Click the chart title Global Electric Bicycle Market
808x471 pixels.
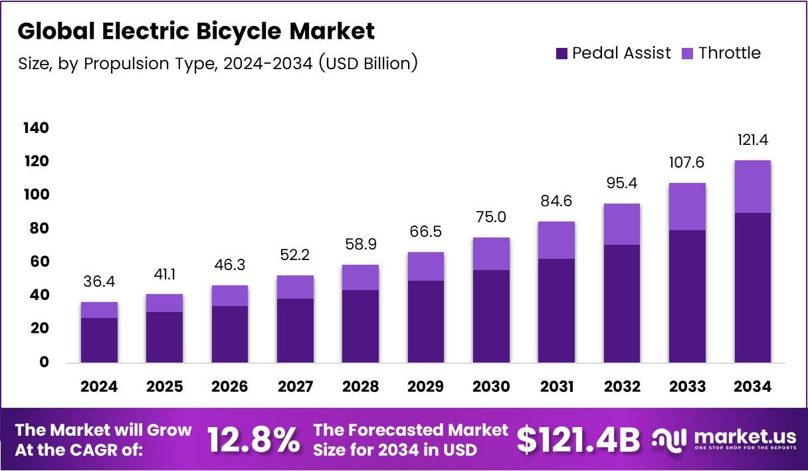[x=195, y=31]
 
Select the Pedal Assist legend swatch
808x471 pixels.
[x=561, y=53]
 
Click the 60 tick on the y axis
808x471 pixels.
[x=37, y=261]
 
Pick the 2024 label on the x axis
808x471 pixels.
[x=99, y=387]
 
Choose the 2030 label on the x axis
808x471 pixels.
[x=491, y=387]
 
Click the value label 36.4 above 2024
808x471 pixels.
[x=99, y=283]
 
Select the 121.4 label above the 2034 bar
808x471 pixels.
[x=753, y=140]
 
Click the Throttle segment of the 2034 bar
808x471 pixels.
[x=753, y=186]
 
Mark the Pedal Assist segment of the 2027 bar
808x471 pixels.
[x=295, y=330]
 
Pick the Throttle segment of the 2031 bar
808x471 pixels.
[x=556, y=239]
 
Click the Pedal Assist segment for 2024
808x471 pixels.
[x=99, y=340]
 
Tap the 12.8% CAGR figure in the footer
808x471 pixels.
[x=253, y=440]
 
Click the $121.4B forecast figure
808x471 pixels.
[x=578, y=440]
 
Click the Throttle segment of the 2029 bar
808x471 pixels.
[x=425, y=266]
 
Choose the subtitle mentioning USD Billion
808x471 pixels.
[x=217, y=63]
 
